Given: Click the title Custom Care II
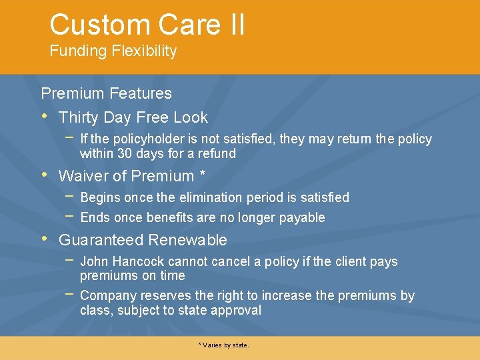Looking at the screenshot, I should point(147,25).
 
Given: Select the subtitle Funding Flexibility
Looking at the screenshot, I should point(113,51).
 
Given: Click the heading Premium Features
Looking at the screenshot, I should point(106,93).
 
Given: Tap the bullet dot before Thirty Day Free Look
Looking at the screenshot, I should point(44,117).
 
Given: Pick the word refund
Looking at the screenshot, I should point(218,153).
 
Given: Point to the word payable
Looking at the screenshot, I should point(304,217).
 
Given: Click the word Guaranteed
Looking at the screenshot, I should point(101,240).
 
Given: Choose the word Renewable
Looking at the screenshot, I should point(188,240).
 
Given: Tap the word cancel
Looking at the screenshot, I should point(234,261).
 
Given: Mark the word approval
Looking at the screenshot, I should point(237,310).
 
